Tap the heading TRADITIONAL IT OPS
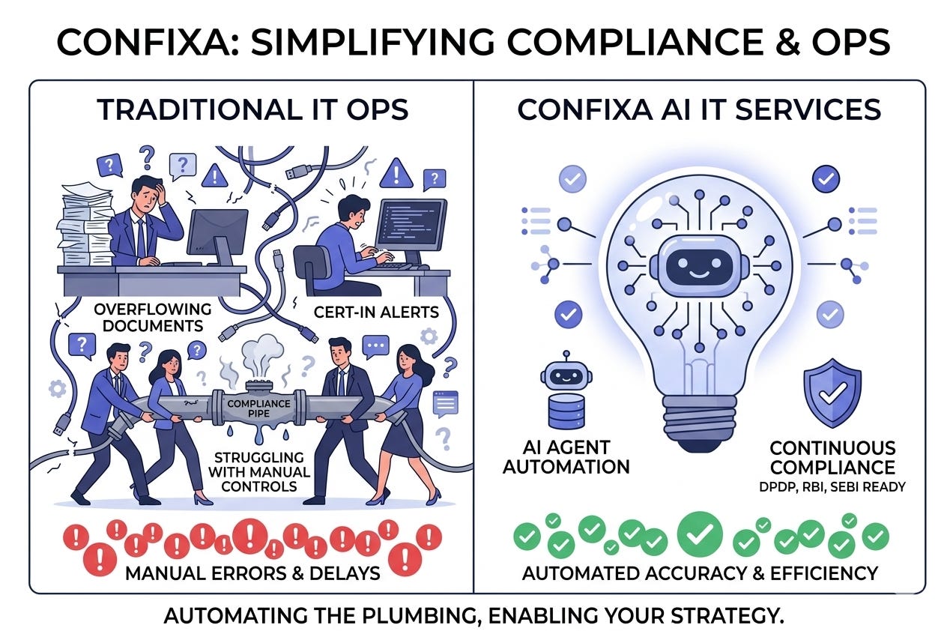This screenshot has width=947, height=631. pos(253,109)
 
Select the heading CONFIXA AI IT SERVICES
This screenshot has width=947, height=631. pos(699,109)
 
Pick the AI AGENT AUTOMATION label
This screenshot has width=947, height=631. pos(566,457)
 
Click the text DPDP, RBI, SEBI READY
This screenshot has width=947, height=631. pos(832,486)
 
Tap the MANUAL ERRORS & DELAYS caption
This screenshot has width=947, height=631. pos(252,573)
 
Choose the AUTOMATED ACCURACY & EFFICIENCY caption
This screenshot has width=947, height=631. pos(699,573)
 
